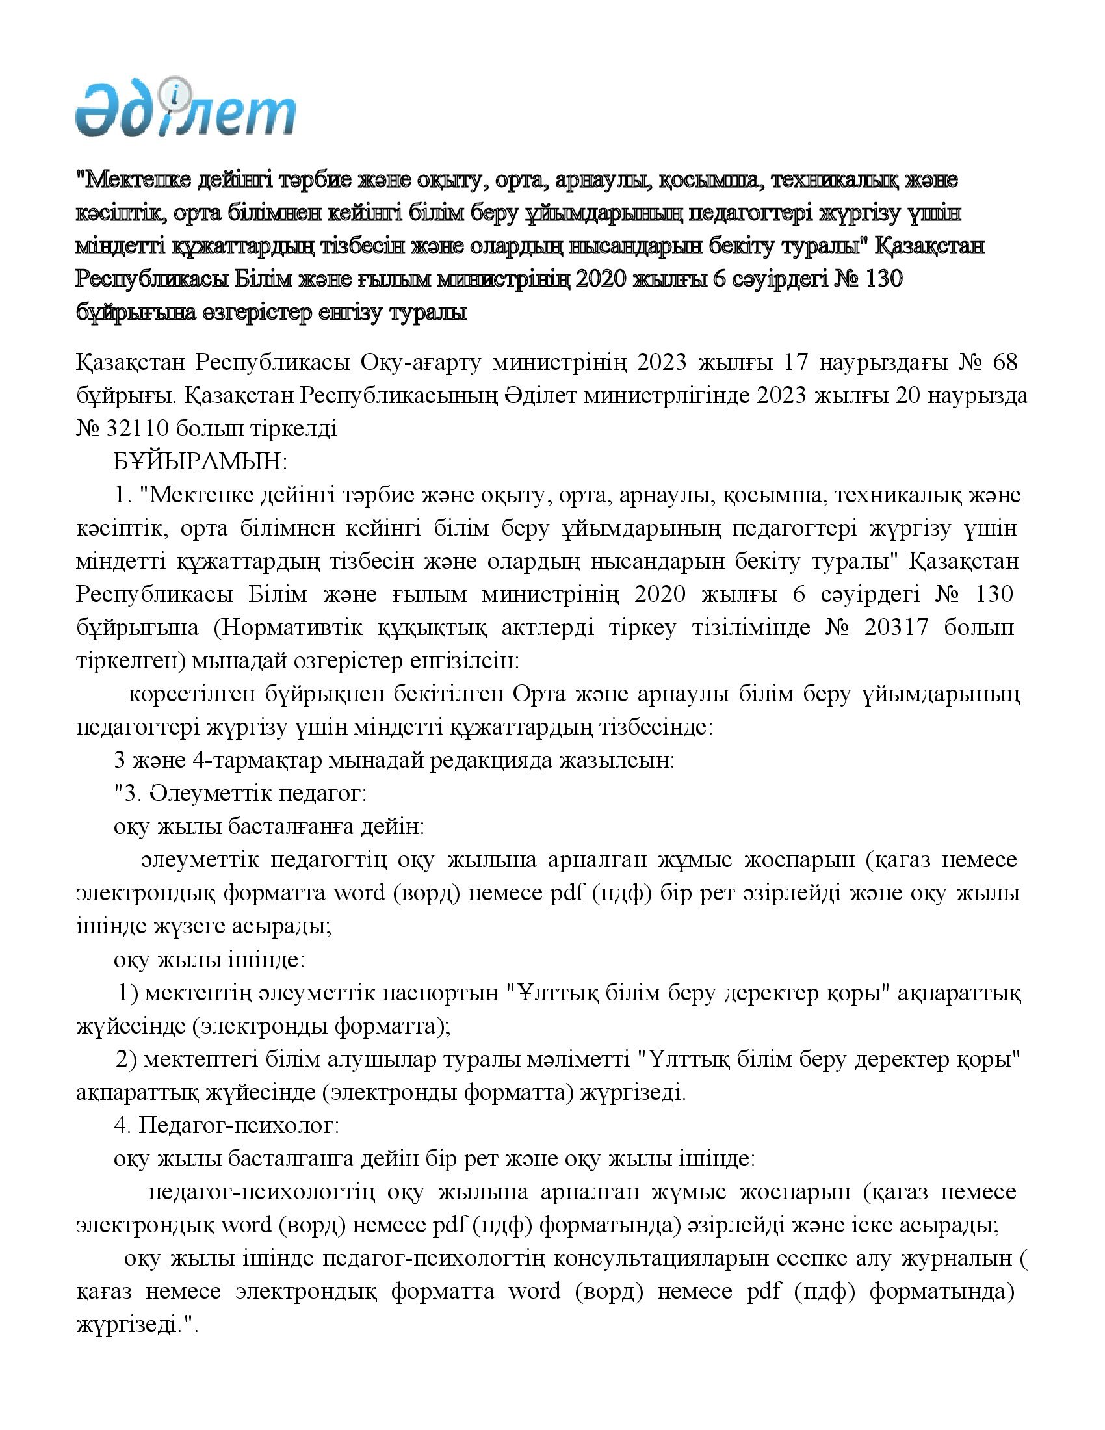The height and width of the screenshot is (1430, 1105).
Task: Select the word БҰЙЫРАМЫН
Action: click(x=200, y=462)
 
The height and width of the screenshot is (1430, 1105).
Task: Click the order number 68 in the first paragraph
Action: click(x=1005, y=362)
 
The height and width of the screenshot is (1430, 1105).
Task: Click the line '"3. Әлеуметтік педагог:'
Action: click(x=240, y=794)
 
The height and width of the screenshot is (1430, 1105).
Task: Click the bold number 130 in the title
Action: click(x=884, y=279)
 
